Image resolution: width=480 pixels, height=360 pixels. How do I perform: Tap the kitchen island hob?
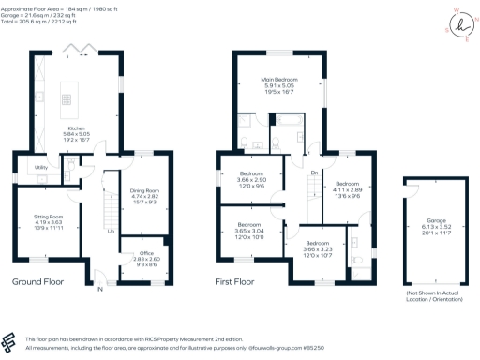click(x=67, y=96)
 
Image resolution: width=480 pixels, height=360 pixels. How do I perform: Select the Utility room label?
click(x=41, y=168)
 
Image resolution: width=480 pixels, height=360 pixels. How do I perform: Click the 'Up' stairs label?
click(x=112, y=232)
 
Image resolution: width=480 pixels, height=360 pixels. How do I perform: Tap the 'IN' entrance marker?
click(x=98, y=290)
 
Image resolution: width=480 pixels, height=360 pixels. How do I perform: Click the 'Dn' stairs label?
click(x=314, y=173)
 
